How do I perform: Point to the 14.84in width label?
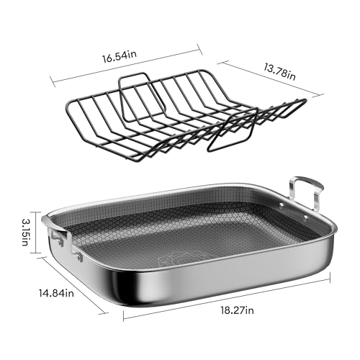[56, 293]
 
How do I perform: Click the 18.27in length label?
[238, 310]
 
